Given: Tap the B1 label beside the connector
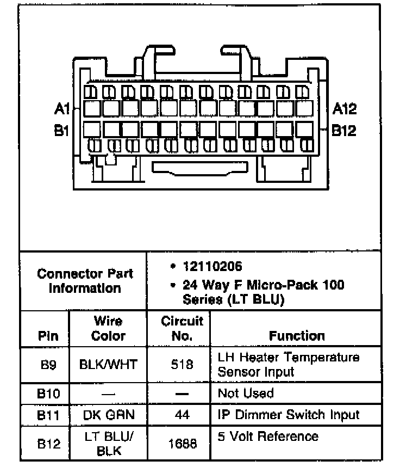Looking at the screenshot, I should click(x=61, y=131).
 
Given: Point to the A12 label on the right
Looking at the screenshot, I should click(x=344, y=109).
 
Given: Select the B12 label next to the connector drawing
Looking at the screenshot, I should click(x=344, y=131).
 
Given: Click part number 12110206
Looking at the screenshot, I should click(x=212, y=267).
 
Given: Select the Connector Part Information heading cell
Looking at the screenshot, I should click(x=84, y=280).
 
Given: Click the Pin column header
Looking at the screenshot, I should click(x=45, y=336).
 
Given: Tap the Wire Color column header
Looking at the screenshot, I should click(x=108, y=328).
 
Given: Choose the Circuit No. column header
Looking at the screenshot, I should click(x=182, y=328).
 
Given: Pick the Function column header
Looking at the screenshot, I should click(x=297, y=336).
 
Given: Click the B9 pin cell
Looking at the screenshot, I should click(x=45, y=365).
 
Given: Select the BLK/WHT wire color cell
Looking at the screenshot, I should click(x=108, y=365).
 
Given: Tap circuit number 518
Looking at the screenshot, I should click(x=182, y=365).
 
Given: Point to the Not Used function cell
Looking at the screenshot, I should click(x=245, y=393).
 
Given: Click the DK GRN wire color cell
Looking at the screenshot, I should click(x=108, y=415).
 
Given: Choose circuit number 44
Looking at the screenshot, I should click(x=182, y=415).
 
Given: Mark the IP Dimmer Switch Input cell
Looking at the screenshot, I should click(x=288, y=415).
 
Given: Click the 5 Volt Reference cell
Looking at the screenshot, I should click(x=268, y=437).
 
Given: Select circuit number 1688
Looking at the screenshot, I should click(x=182, y=444).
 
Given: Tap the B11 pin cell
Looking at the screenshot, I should click(x=45, y=415).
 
